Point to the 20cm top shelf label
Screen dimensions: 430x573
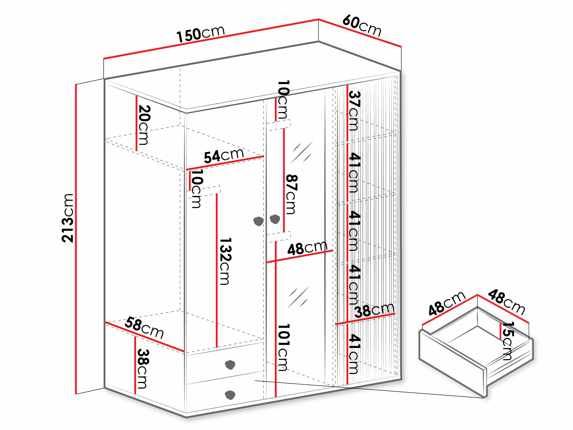click(x=144, y=125)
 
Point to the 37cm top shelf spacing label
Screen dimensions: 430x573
click(x=354, y=111)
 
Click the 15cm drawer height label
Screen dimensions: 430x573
click(x=507, y=341)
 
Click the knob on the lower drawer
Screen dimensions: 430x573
click(x=230, y=395)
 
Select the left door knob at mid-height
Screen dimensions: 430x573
click(x=258, y=221)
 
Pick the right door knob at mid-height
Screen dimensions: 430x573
click(x=275, y=219)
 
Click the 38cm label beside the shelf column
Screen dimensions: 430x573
click(x=374, y=310)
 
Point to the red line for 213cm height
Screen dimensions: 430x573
click(x=76, y=239)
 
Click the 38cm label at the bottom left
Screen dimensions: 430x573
click(x=143, y=369)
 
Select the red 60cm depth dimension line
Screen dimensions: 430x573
click(x=360, y=33)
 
